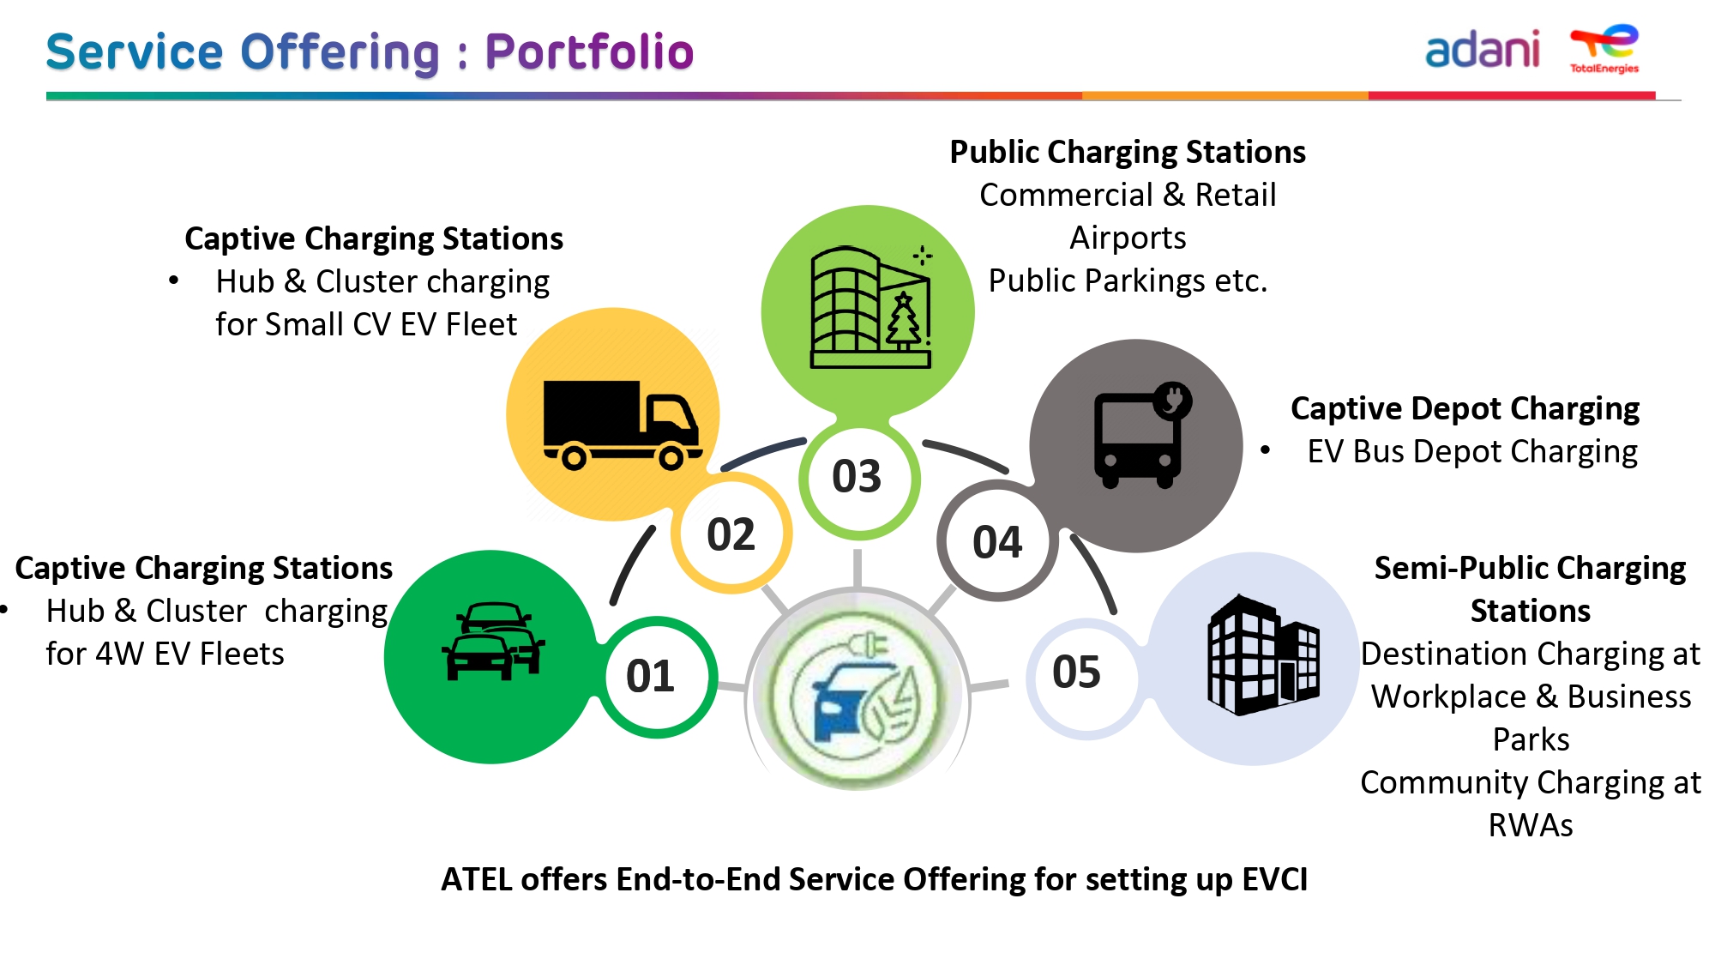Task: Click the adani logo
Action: tap(1482, 50)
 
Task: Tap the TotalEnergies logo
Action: tap(1604, 49)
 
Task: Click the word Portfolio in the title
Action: tap(589, 51)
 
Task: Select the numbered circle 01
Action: tap(658, 677)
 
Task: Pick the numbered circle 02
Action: tap(731, 534)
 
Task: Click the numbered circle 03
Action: tap(858, 477)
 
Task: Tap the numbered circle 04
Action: tap(997, 541)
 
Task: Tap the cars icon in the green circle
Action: tap(492, 642)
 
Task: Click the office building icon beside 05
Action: tap(1263, 654)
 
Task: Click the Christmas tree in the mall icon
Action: tap(903, 321)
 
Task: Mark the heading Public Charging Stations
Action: tap(1128, 152)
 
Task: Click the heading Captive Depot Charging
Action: tap(1465, 408)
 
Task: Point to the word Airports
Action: tap(1128, 238)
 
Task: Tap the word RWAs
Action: tap(1531, 825)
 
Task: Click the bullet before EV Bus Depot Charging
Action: tap(1266, 449)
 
